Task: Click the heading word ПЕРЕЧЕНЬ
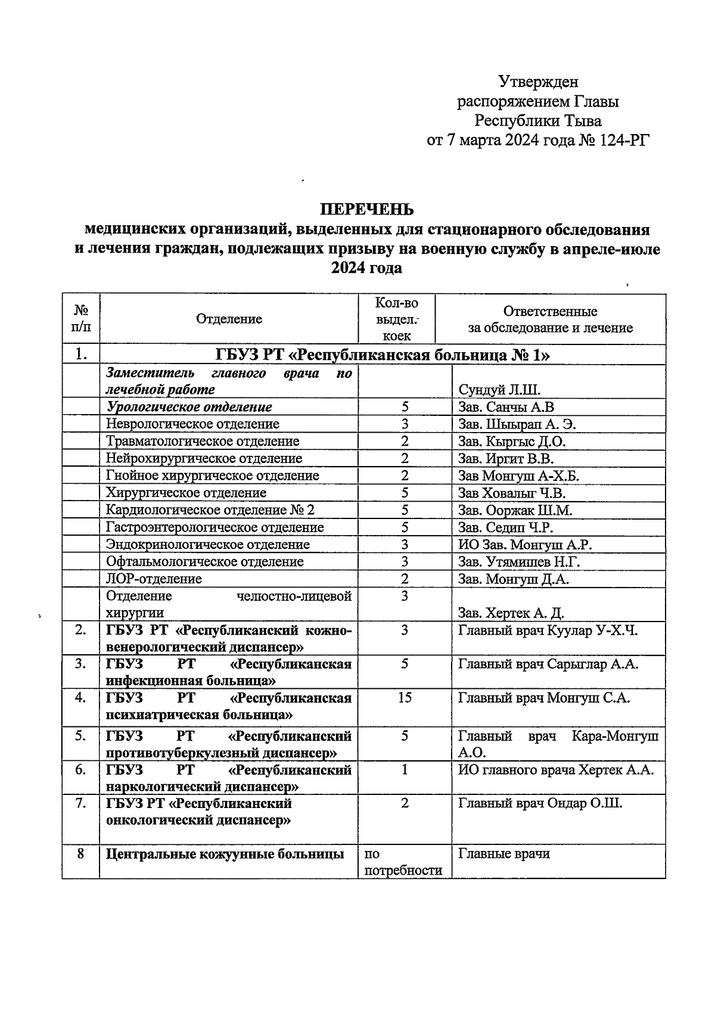click(366, 210)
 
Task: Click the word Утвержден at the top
click(538, 81)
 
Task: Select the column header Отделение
click(229, 319)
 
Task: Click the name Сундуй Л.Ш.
click(499, 390)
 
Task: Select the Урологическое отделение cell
click(189, 407)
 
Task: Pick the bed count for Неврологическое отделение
click(405, 424)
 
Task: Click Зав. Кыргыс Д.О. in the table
click(511, 442)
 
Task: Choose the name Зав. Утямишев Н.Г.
click(518, 562)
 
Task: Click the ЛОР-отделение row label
click(154, 579)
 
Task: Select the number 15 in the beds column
click(405, 698)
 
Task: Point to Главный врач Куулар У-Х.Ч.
click(548, 630)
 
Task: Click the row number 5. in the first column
click(80, 737)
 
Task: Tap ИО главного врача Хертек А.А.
click(555, 770)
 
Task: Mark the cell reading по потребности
click(403, 862)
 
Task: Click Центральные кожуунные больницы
click(225, 854)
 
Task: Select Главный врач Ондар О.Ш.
click(540, 803)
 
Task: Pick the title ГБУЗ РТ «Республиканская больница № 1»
click(382, 356)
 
